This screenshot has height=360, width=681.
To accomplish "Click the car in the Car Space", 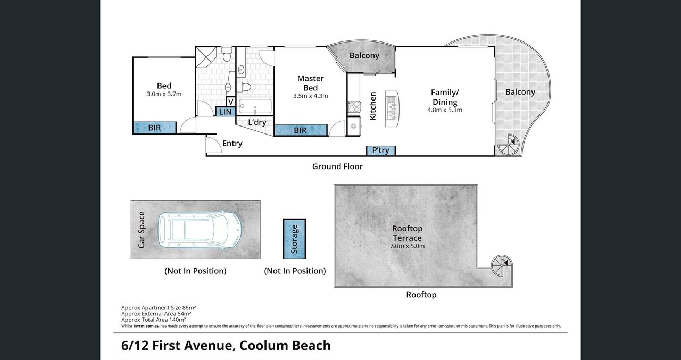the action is pos(200,229).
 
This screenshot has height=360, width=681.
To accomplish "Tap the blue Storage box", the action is pos(294,239).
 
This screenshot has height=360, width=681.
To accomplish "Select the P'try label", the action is pos(380,150).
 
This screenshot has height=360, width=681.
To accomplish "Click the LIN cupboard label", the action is pos(225,112).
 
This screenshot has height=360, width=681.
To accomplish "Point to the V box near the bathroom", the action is pos(231,102).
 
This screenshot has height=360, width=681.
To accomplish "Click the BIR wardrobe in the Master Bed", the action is pos(301,130).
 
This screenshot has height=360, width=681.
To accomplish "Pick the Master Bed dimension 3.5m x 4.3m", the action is pos(310,96).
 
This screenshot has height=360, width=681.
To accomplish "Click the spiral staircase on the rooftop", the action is pos(502,265).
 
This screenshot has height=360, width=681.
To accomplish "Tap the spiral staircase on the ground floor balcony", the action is pos(508,145).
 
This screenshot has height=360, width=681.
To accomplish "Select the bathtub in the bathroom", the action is pos(254,106).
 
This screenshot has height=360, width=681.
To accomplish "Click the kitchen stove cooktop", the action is pos(354,107).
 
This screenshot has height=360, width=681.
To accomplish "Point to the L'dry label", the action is pos(257,122).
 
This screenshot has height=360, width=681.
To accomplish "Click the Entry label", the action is pos(232,144).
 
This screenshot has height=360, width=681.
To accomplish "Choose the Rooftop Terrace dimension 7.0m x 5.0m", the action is pos(407,246).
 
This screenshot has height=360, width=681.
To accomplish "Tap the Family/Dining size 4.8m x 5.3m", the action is pos(445,110).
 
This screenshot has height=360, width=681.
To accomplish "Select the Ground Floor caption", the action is pos(337,166).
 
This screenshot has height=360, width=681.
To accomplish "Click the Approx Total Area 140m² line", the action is pos(154,320).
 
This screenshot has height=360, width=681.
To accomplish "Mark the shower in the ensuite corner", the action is pos(206,57).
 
